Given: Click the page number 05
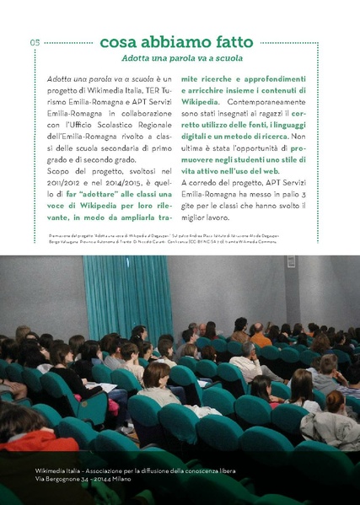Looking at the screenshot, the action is point(35,43).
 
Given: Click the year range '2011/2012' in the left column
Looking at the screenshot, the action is point(62,181).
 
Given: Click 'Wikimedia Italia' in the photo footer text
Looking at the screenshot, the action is point(60,469).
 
